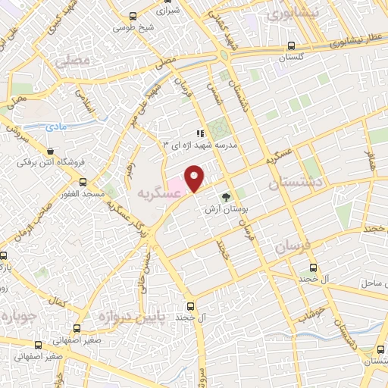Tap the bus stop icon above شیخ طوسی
click(134, 15)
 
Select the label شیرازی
click(168, 11)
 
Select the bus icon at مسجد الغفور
click(83, 182)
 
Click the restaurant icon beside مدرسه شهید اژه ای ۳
click(199, 133)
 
